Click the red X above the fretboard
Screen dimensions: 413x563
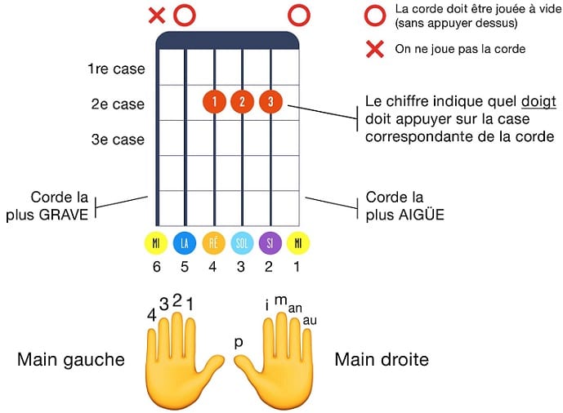point(157,14)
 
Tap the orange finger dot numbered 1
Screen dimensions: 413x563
point(214,102)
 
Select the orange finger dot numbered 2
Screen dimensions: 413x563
point(243,102)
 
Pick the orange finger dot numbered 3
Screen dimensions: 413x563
point(270,102)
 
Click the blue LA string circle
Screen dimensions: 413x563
point(185,243)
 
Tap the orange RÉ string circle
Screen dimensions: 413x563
point(214,243)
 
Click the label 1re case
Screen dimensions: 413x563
point(116,69)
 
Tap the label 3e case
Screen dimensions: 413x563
point(118,140)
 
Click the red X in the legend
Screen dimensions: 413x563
point(375,49)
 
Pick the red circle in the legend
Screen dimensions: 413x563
point(375,14)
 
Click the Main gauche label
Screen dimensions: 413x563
point(71,360)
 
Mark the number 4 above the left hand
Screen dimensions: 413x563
point(151,314)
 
